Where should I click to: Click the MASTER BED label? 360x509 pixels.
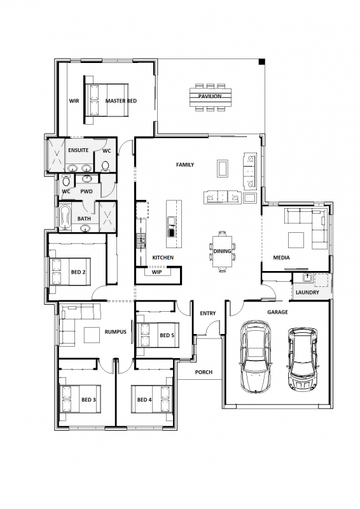pos(121,101)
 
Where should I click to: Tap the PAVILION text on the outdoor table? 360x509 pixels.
pos(210,96)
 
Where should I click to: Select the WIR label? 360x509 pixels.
pos(74,101)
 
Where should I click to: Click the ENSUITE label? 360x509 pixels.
pos(78,150)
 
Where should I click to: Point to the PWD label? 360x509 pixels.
pos(87,192)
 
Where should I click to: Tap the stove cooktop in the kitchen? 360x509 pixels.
pos(141,241)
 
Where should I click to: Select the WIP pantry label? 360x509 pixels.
pos(157,272)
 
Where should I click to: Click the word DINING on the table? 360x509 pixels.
pos(223,251)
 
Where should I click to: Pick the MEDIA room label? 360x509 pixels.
pos(281,258)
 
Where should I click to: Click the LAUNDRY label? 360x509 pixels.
pos(307,292)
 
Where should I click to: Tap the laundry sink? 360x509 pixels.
pos(307,278)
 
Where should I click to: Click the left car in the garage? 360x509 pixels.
pos(256,356)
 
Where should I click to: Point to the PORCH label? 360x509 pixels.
pos(204,372)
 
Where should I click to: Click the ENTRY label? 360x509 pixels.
pos(208,313)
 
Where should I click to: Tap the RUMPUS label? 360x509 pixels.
pos(115,331)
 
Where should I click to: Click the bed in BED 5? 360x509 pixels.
pos(158,335)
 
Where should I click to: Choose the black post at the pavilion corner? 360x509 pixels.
pos(261,62)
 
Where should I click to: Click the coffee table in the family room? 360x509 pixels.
pos(223,168)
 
